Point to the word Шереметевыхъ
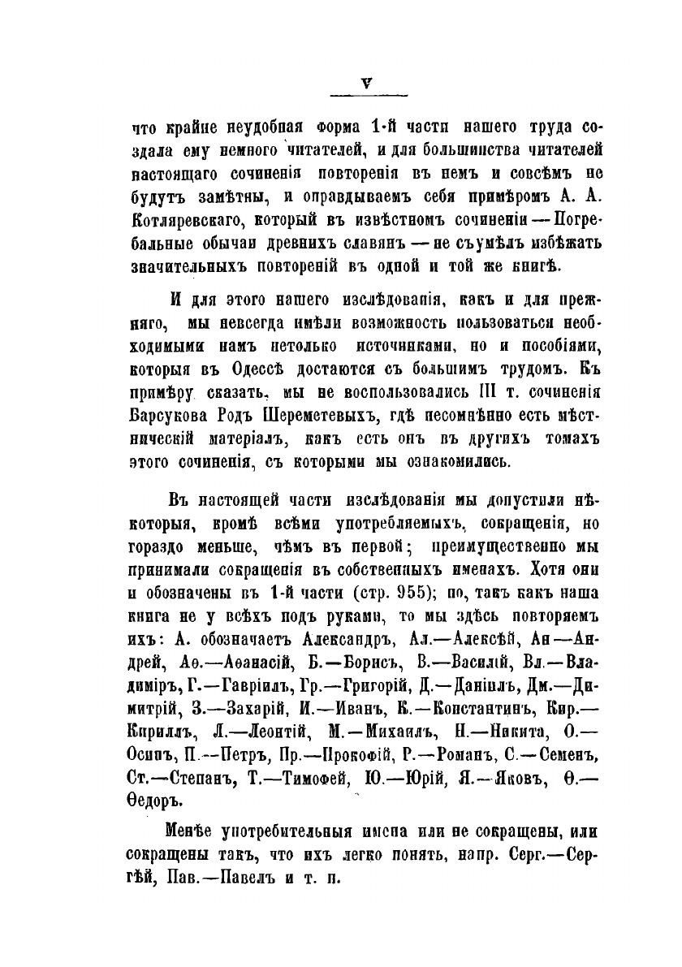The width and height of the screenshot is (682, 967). tap(328, 418)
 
